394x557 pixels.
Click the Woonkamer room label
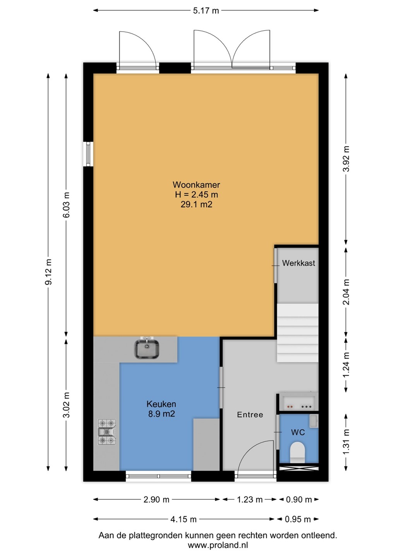click(196, 185)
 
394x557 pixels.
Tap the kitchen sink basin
click(147, 349)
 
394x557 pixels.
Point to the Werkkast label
click(298, 263)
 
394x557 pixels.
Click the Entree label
click(250, 415)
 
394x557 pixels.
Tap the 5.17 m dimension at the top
click(206, 11)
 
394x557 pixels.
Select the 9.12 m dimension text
click(48, 272)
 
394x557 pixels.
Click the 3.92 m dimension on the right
click(346, 159)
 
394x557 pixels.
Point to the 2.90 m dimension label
click(156, 500)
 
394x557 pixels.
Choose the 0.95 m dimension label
click(298, 519)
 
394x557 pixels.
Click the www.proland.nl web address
click(218, 545)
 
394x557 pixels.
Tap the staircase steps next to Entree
click(298, 333)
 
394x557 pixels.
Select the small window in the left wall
click(88, 154)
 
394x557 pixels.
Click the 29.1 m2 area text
click(197, 204)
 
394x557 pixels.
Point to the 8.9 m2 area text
click(161, 414)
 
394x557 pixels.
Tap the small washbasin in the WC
click(313, 421)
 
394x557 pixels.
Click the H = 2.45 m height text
click(197, 195)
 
